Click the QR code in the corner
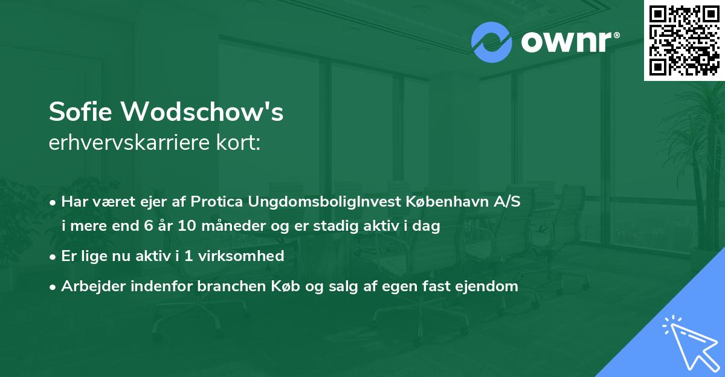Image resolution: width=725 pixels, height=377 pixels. (x=685, y=40)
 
